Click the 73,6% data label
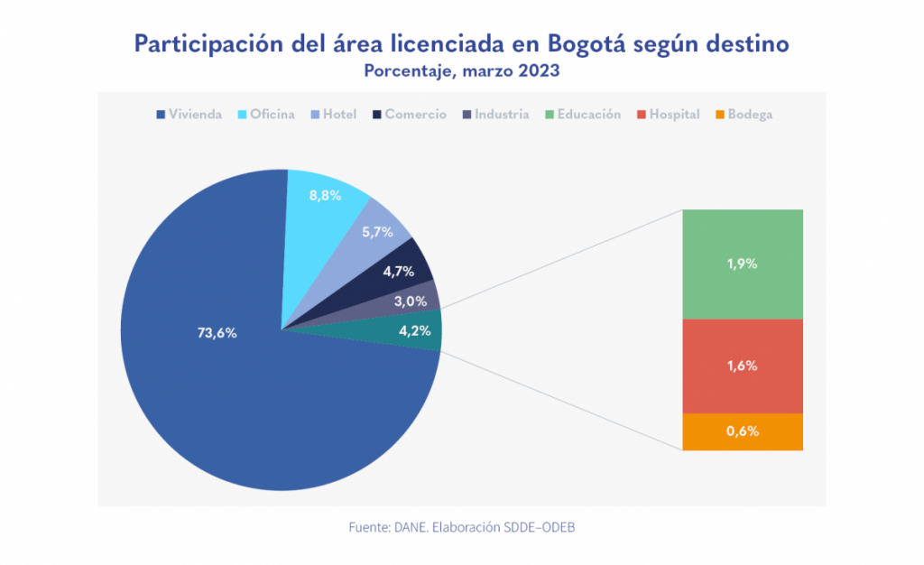pyautogui.click(x=217, y=333)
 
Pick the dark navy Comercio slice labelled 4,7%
pyautogui.click(x=402, y=268)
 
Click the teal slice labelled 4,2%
pyautogui.click(x=414, y=330)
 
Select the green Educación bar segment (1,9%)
pyautogui.click(x=743, y=264)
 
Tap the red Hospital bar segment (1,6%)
pyautogui.click(x=743, y=366)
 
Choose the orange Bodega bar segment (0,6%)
pyautogui.click(x=743, y=431)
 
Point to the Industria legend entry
pyautogui.click(x=495, y=115)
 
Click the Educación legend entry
pyautogui.click(x=583, y=115)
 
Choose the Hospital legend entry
pyautogui.click(x=669, y=115)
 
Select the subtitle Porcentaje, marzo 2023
pyautogui.click(x=462, y=70)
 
